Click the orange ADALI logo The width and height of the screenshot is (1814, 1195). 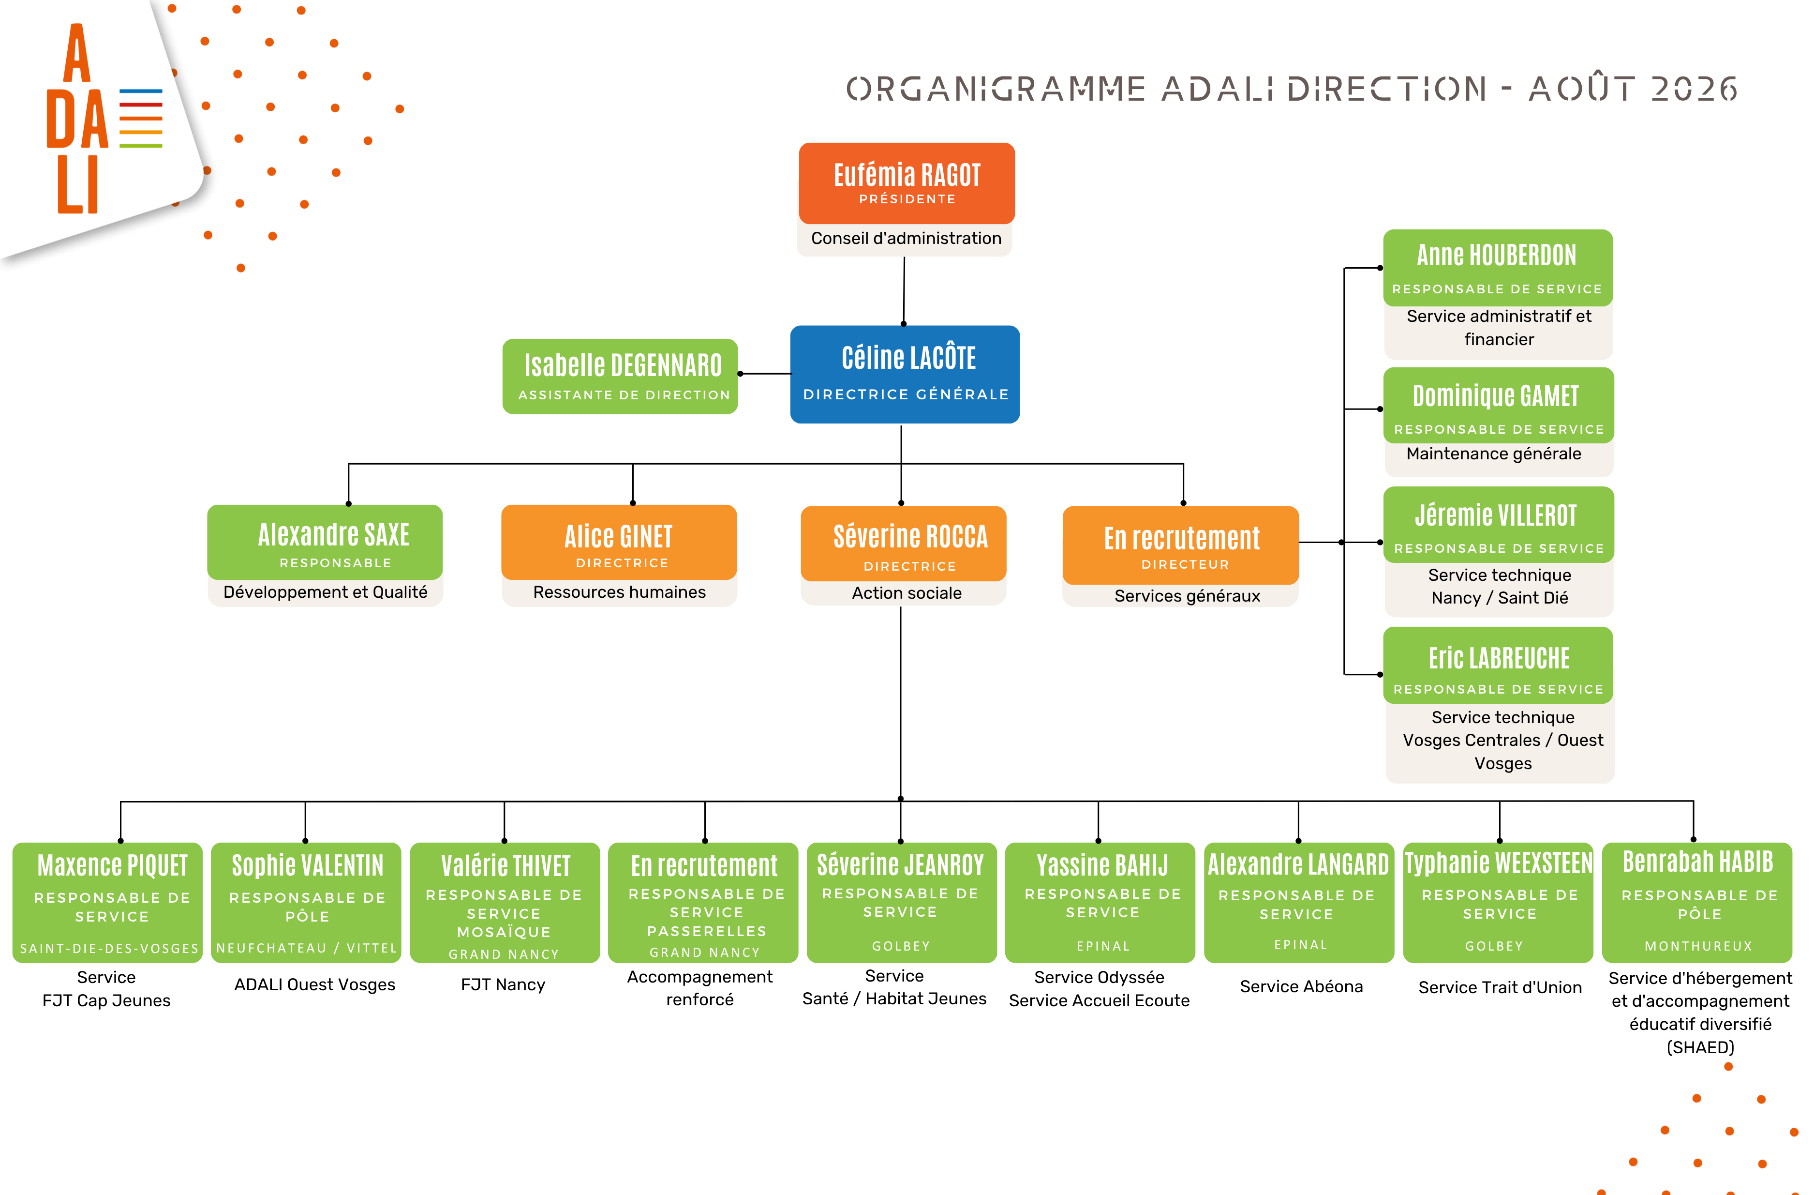pyautogui.click(x=104, y=118)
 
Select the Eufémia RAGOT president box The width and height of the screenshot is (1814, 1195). pyautogui.click(x=906, y=183)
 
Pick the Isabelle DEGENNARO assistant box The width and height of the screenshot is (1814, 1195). pyautogui.click(x=620, y=376)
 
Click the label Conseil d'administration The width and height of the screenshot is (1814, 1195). pyautogui.click(x=906, y=238)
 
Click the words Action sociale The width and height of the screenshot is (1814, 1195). pyautogui.click(x=906, y=593)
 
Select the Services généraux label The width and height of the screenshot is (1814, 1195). pyautogui.click(x=1187, y=596)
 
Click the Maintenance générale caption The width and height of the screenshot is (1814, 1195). pyautogui.click(x=1493, y=454)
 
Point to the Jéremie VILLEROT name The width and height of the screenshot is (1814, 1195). pyautogui.click(x=1495, y=515)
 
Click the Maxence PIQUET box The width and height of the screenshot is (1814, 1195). pyautogui.click(x=107, y=902)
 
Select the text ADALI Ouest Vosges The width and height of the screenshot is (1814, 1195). pyautogui.click(x=315, y=984)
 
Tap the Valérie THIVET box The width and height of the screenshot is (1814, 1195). pyautogui.click(x=505, y=902)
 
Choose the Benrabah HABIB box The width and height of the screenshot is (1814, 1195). pyautogui.click(x=1697, y=902)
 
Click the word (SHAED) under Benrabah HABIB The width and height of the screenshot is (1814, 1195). pyautogui.click(x=1700, y=1047)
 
